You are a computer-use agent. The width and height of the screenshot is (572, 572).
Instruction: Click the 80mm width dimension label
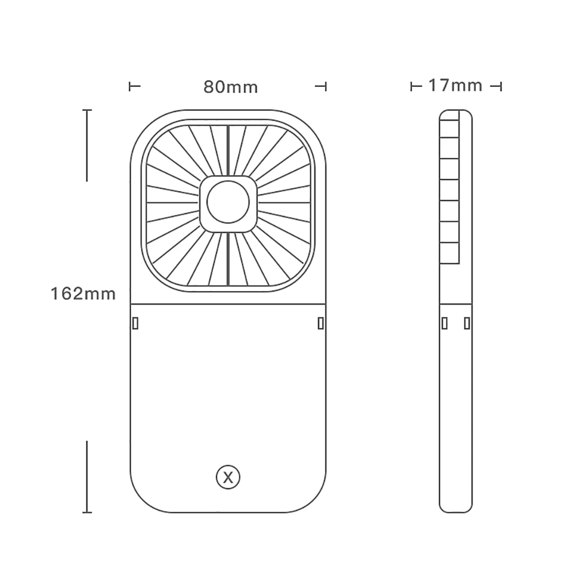click(x=231, y=87)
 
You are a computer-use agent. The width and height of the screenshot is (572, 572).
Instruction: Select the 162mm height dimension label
click(x=83, y=293)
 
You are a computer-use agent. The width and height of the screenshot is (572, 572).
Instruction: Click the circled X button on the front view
click(x=228, y=477)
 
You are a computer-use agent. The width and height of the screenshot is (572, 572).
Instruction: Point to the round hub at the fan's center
click(x=228, y=202)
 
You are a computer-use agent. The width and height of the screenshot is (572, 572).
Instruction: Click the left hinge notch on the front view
click(x=136, y=323)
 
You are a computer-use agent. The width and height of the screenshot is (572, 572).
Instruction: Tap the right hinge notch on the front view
click(x=321, y=323)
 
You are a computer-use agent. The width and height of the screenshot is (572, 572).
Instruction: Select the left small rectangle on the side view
click(x=444, y=323)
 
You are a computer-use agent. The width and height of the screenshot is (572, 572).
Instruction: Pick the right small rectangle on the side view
click(x=467, y=323)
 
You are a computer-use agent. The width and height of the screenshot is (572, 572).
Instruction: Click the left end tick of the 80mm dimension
click(x=130, y=86)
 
